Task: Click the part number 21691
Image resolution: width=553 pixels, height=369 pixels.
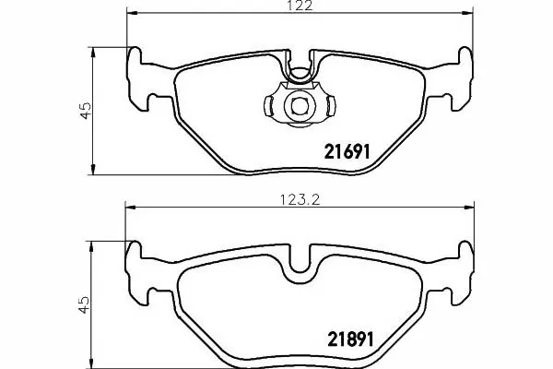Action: [x=347, y=152]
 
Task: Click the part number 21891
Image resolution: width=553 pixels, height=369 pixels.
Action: [x=350, y=339]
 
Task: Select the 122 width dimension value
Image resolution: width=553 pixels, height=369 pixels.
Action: [x=300, y=6]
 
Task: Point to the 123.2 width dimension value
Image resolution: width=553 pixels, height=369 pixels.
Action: [x=300, y=200]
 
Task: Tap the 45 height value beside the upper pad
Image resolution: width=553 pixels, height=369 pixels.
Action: [x=86, y=111]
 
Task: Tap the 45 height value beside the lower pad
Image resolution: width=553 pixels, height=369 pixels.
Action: [x=85, y=305]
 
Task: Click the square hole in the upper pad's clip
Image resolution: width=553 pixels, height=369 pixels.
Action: [x=300, y=105]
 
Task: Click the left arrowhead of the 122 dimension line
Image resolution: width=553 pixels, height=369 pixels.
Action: [x=131, y=13]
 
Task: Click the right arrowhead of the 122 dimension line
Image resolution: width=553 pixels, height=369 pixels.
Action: [x=467, y=13]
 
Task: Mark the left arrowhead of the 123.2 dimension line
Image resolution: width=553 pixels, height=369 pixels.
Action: [x=130, y=208]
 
